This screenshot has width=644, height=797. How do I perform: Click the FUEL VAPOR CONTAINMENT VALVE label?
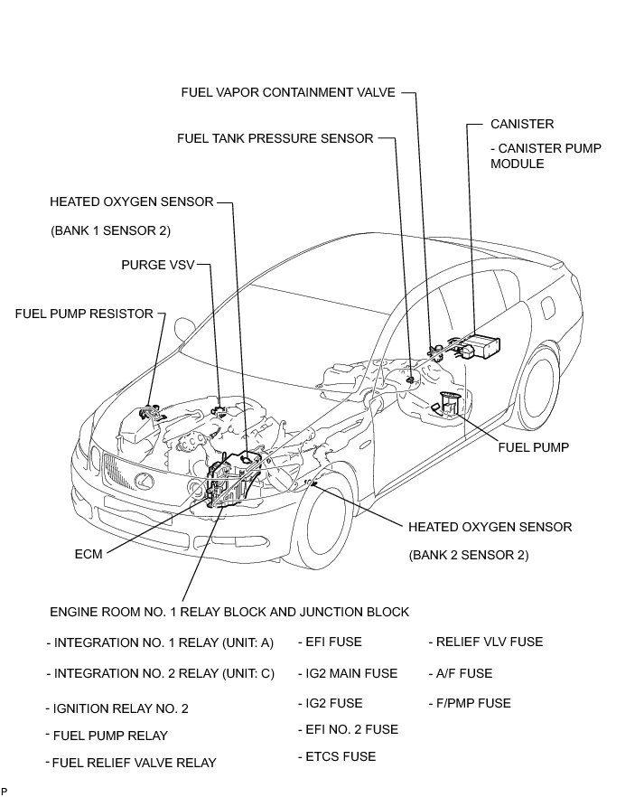coord(287,92)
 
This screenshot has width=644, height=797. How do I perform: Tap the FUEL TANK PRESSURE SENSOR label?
coord(275,138)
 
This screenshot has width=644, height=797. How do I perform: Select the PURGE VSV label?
coord(157,266)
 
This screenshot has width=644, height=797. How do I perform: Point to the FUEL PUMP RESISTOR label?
coord(84,314)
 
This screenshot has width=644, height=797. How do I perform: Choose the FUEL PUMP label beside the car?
coord(534,446)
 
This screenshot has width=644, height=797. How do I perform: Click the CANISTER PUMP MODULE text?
coord(545,156)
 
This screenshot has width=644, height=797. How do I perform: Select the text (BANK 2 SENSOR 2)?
coord(468,554)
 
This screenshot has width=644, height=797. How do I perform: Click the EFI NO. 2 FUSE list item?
coord(348,729)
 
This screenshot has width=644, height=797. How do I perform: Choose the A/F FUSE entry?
coord(463,673)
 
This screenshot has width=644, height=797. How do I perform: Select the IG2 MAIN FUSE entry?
coord(348,673)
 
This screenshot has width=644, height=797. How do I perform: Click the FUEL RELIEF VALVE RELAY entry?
coord(134,763)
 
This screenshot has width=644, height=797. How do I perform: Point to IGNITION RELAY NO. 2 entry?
coord(121,708)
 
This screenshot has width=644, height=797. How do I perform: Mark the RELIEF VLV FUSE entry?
coord(489,642)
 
